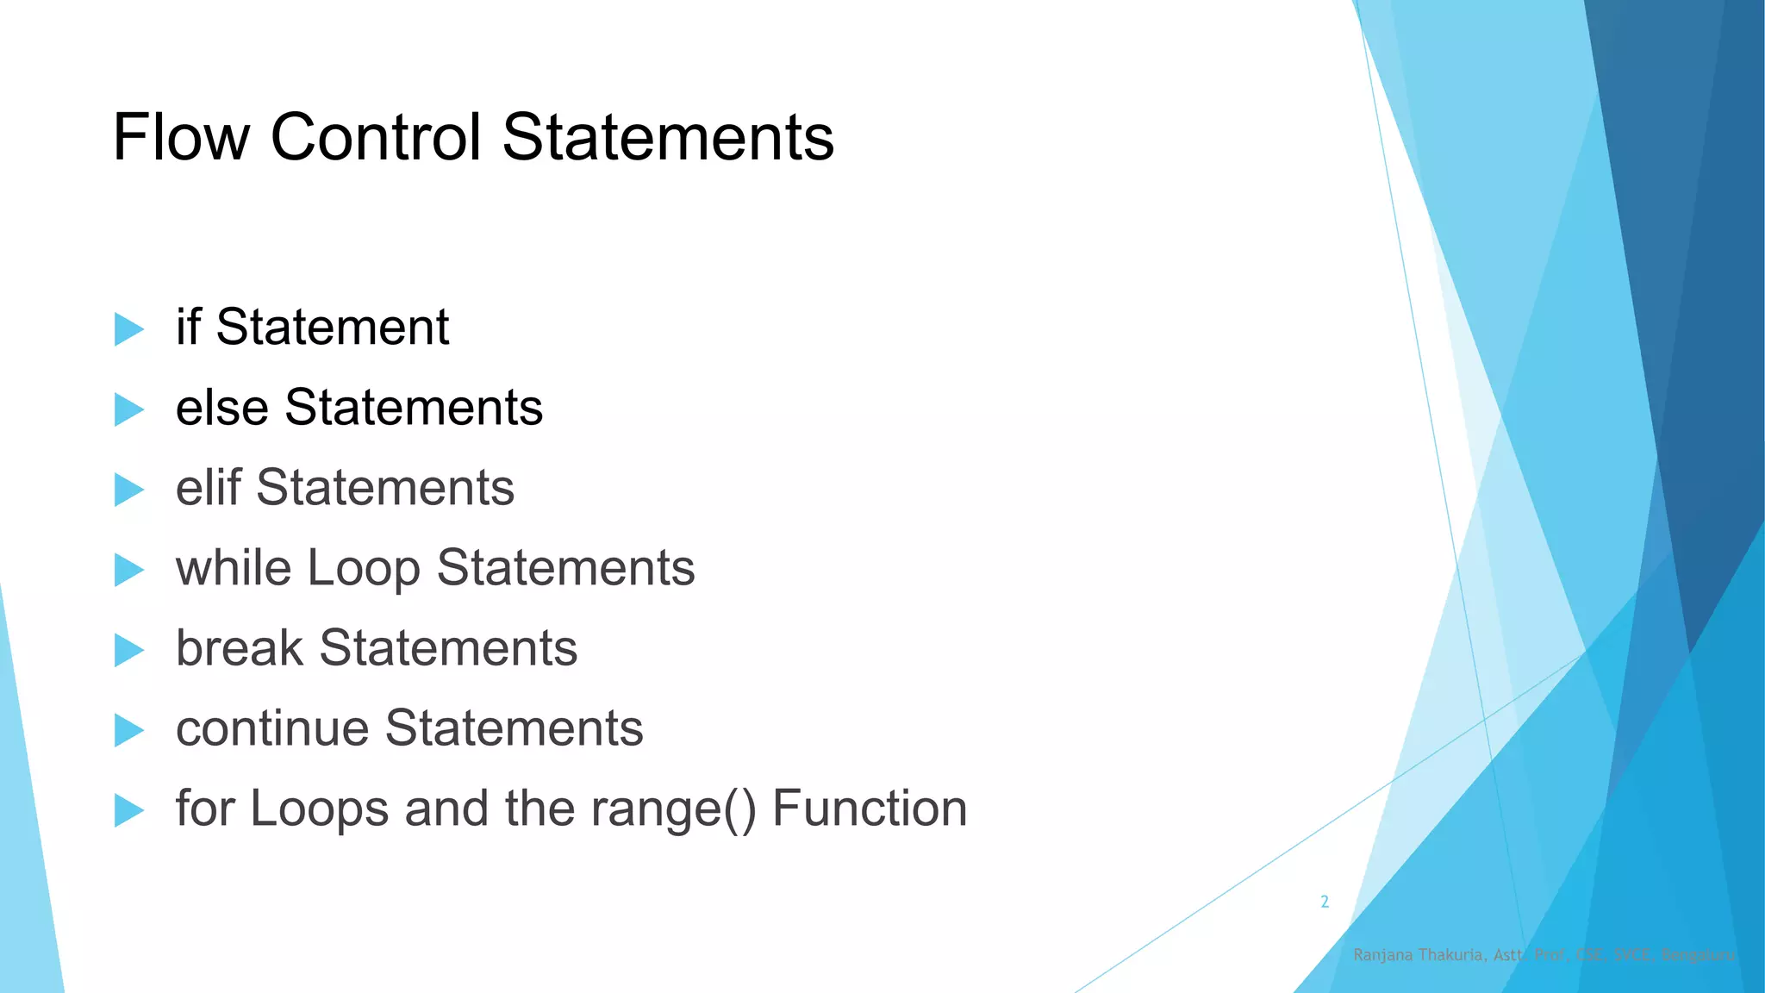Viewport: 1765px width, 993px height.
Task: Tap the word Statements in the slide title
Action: (668, 137)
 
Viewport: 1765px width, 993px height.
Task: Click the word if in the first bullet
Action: (188, 327)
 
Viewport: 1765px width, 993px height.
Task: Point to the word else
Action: (221, 407)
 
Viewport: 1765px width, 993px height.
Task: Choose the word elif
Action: (208, 487)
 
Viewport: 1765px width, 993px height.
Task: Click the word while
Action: (234, 567)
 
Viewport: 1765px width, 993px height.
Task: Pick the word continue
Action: (272, 728)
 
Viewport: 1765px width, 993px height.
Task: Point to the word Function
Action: (870, 809)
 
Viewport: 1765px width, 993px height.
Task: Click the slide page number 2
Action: (1325, 902)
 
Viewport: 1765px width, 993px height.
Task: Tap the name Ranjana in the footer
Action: (1382, 955)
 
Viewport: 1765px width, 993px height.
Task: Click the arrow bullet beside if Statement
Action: (128, 329)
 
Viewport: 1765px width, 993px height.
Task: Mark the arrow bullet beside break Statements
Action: (128, 650)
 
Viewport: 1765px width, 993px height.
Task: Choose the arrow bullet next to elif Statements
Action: (128, 490)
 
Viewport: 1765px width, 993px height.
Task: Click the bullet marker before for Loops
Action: (128, 810)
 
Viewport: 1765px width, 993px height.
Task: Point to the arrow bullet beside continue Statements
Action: (128, 730)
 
